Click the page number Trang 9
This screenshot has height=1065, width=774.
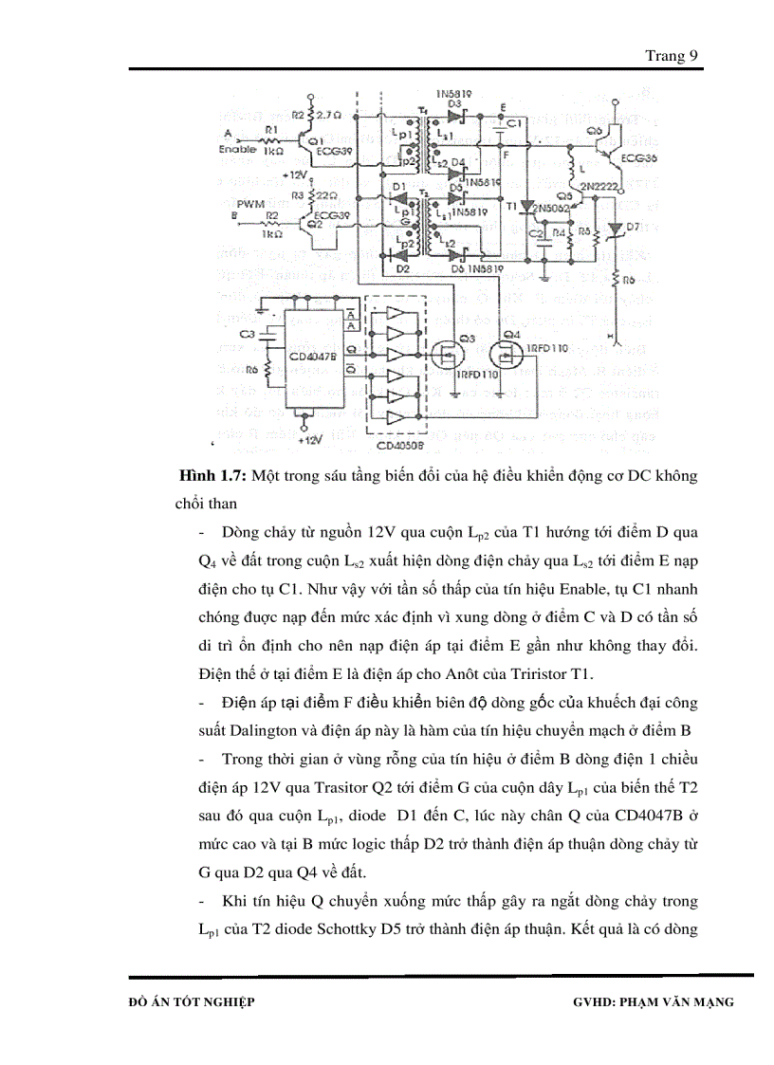pos(672,56)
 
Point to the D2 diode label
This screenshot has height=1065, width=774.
pos(402,268)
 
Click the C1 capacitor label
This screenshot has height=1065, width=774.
pos(515,123)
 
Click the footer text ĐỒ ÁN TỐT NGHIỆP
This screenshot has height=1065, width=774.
pos(192,1001)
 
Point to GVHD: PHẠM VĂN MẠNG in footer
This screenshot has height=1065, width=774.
pos(654,1001)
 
